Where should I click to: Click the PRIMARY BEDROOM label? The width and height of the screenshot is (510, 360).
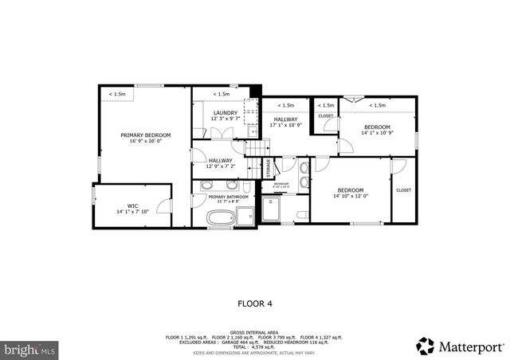pos(146,135)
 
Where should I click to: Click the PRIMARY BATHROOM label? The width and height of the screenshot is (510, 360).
pos(228,197)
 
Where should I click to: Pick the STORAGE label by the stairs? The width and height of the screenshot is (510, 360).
pos(268,168)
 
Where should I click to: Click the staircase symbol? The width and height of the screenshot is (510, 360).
pos(253,151)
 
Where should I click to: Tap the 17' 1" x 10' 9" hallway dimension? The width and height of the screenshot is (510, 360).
pos(288,125)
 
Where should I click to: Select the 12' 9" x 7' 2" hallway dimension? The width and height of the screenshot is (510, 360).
pos(221,166)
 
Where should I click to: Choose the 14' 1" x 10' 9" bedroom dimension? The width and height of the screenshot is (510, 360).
pos(377,134)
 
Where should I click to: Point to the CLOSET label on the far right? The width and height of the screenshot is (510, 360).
pos(403,190)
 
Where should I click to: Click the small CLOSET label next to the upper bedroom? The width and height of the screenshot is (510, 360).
pos(326,116)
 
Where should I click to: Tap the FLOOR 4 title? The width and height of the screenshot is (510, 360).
pos(255,303)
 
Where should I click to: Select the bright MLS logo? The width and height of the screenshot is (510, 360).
pos(29,349)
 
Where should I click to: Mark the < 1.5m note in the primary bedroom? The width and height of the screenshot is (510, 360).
pos(117,95)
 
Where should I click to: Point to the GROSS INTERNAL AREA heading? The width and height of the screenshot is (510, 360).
pos(255,332)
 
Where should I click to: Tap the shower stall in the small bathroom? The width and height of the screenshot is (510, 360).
pos(273,209)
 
